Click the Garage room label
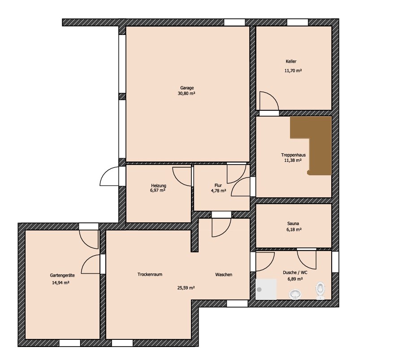pyautogui.click(x=187, y=88)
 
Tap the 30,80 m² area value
pyautogui.click(x=186, y=93)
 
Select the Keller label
pyautogui.click(x=291, y=61)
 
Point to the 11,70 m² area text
pyautogui.click(x=293, y=70)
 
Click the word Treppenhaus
pyautogui.click(x=293, y=155)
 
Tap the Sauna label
pyautogui.click(x=293, y=223)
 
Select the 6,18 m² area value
pyautogui.click(x=293, y=230)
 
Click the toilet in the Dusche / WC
pyautogui.click(x=320, y=291)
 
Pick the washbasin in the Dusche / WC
pyautogui.click(x=295, y=295)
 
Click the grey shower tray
pyautogui.click(x=266, y=290)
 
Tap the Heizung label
pyautogui.click(x=159, y=186)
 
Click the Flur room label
pyautogui.click(x=218, y=185)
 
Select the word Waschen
pyautogui.click(x=224, y=274)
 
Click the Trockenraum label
pyautogui.click(x=150, y=274)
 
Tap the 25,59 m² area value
pyautogui.click(x=186, y=288)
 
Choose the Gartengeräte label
pyautogui.click(x=62, y=275)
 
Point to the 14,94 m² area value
pyautogui.click(x=61, y=283)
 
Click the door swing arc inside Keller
pyautogui.click(x=273, y=96)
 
